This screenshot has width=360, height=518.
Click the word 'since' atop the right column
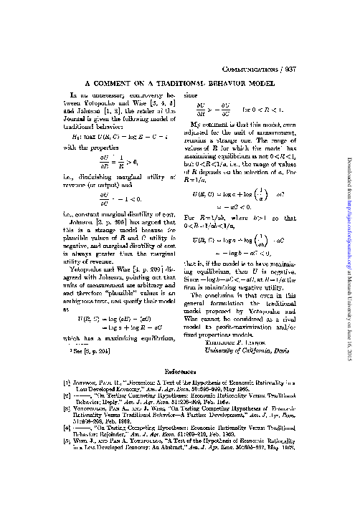(x=191, y=95)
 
